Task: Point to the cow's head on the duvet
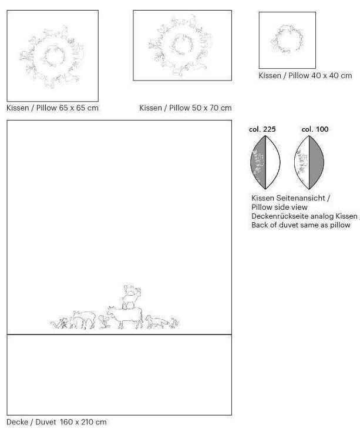(111, 310)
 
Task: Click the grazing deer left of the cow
(83, 320)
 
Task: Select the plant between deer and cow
(103, 322)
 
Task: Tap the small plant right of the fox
(174, 323)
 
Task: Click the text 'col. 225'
(262, 129)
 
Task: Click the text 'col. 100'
(315, 129)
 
